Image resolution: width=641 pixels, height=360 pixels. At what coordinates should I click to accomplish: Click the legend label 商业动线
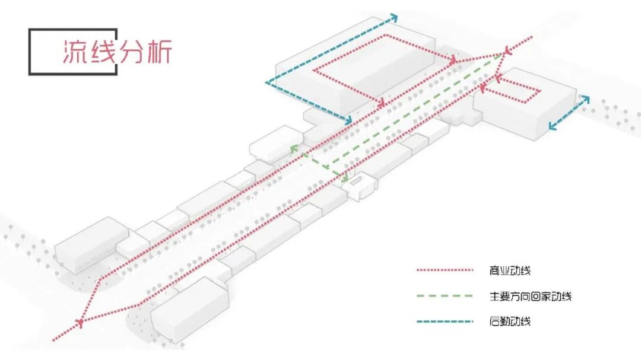(x=512, y=271)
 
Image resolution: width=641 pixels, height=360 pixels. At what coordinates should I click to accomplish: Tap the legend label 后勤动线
(x=512, y=321)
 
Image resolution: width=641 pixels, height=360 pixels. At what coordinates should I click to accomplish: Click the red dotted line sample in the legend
(x=445, y=271)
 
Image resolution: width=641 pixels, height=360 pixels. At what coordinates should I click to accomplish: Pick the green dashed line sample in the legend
(x=445, y=296)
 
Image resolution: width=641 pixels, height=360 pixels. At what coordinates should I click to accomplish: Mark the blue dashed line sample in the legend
(x=445, y=321)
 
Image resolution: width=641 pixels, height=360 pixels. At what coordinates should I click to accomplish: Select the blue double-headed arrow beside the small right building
(x=569, y=113)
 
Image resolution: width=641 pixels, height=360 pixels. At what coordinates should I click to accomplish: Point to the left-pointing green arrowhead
(x=293, y=149)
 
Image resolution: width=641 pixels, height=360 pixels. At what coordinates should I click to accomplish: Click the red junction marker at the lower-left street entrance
(x=80, y=322)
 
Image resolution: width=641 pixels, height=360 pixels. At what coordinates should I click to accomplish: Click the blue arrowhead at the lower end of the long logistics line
(x=348, y=120)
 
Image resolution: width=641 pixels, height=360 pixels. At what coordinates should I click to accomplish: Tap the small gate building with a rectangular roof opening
(x=360, y=186)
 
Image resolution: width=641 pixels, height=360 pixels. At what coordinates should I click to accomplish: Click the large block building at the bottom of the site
(x=190, y=308)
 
